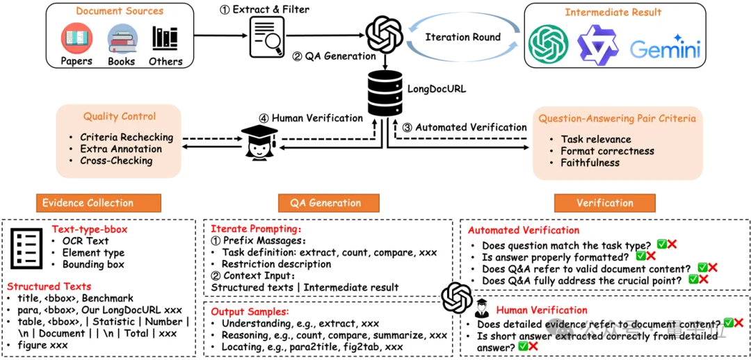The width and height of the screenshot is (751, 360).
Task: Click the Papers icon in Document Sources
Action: pos(76,39)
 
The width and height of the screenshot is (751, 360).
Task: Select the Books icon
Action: pos(122,39)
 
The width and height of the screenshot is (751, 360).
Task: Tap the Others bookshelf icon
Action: pos(165,39)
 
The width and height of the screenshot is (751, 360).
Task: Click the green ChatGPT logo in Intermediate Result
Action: pos(549,44)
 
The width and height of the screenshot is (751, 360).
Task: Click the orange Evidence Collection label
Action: pos(88,203)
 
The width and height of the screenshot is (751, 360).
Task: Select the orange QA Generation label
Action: pos(325,203)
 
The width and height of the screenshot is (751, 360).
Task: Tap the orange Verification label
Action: pos(604,203)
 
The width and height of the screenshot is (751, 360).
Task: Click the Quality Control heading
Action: pos(120,117)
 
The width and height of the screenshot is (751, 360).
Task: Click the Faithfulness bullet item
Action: pos(591,163)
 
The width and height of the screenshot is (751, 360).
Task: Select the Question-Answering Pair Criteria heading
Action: pos(617,118)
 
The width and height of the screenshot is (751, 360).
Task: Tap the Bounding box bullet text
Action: pos(93,265)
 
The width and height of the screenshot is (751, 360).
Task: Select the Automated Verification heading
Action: pos(524,230)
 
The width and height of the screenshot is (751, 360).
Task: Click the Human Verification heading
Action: pos(542,310)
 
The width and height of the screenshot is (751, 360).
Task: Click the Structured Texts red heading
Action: pos(49,286)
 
